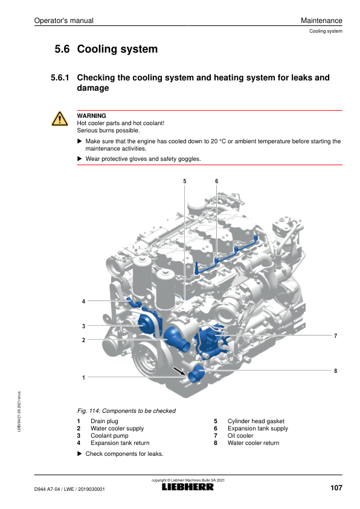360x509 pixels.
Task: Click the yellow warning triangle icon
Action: pyautogui.click(x=60, y=119)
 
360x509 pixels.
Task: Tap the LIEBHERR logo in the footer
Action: pyautogui.click(x=188, y=487)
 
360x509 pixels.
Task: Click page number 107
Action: pyautogui.click(x=336, y=488)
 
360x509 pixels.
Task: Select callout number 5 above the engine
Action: pyautogui.click(x=185, y=181)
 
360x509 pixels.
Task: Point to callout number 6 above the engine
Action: pyautogui.click(x=217, y=181)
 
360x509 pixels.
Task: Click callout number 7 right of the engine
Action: pyautogui.click(x=335, y=336)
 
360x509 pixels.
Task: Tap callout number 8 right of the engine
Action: pyautogui.click(x=335, y=371)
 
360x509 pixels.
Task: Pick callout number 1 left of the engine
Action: pyautogui.click(x=83, y=378)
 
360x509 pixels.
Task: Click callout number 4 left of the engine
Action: pyautogui.click(x=83, y=301)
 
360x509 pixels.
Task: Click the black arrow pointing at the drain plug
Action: pyautogui.click(x=179, y=371)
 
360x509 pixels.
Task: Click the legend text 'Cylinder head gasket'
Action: pyautogui.click(x=256, y=421)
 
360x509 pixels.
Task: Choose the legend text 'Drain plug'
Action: pyautogui.click(x=104, y=421)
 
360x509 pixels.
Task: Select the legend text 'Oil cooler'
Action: pyautogui.click(x=240, y=436)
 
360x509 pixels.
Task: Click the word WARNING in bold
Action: pyautogui.click(x=91, y=115)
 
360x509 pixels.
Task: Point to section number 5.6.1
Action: pyautogui.click(x=60, y=77)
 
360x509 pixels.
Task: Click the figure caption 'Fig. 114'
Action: pyautogui.click(x=88, y=410)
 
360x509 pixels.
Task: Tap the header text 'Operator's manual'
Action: pyautogui.click(x=64, y=21)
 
